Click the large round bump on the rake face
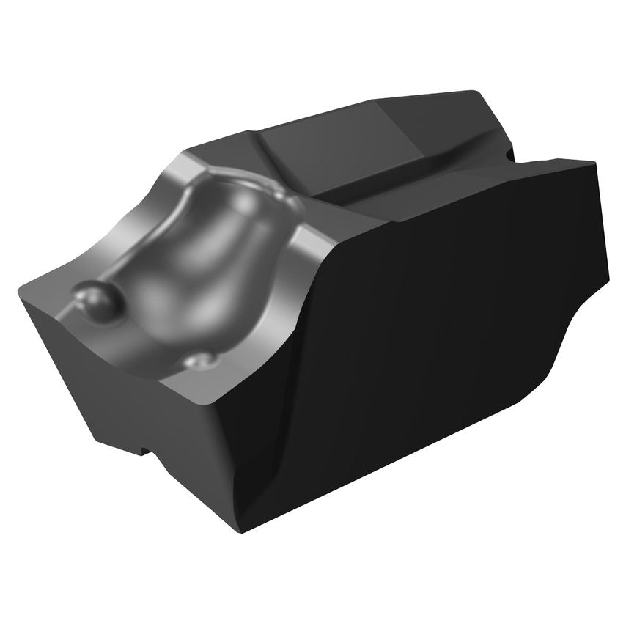pos(97,301)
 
